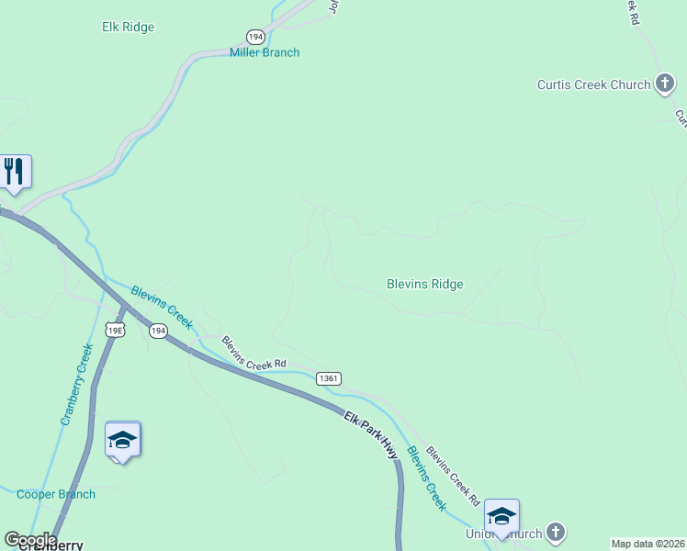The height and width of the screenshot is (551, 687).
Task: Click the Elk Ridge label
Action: pyautogui.click(x=128, y=28)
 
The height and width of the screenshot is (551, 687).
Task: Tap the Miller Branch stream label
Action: pyautogui.click(x=265, y=52)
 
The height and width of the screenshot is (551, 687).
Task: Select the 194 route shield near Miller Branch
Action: pyautogui.click(x=255, y=36)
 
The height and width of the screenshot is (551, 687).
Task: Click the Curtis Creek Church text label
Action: pyautogui.click(x=593, y=84)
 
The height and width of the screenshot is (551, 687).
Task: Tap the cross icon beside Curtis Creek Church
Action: pyautogui.click(x=665, y=84)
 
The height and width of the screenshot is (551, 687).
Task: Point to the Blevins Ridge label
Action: pyautogui.click(x=424, y=284)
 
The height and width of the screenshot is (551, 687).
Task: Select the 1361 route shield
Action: pyautogui.click(x=329, y=378)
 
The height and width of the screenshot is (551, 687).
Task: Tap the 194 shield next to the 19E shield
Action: pyautogui.click(x=158, y=331)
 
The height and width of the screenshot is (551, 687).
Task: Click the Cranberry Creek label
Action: pyautogui.click(x=77, y=384)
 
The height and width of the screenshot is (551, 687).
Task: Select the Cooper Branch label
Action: pyautogui.click(x=56, y=494)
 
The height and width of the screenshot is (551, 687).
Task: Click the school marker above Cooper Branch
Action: pyautogui.click(x=123, y=440)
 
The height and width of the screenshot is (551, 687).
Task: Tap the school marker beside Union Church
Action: pyautogui.click(x=501, y=517)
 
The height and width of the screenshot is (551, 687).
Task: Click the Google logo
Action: pyautogui.click(x=30, y=541)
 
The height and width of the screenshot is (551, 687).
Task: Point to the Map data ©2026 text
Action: pyautogui.click(x=648, y=544)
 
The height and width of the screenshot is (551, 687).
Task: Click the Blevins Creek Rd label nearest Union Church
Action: pyautogui.click(x=452, y=477)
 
